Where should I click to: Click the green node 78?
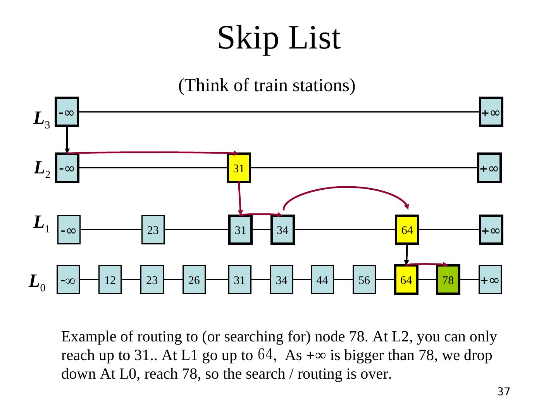(448, 280)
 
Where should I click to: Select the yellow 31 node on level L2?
(239, 168)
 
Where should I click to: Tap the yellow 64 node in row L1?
(407, 229)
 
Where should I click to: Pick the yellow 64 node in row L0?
(406, 280)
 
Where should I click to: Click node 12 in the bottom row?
(110, 280)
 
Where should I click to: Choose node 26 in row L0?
(194, 280)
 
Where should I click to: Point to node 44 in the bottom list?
(322, 280)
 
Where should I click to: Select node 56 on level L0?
(364, 280)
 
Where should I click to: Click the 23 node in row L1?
(153, 229)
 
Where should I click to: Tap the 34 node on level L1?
(282, 229)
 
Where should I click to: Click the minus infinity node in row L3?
(67, 111)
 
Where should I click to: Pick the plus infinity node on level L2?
(489, 168)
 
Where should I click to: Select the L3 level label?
(42, 120)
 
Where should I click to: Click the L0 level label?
(37, 283)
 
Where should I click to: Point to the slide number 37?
(503, 391)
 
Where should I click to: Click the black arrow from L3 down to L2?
(67, 140)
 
